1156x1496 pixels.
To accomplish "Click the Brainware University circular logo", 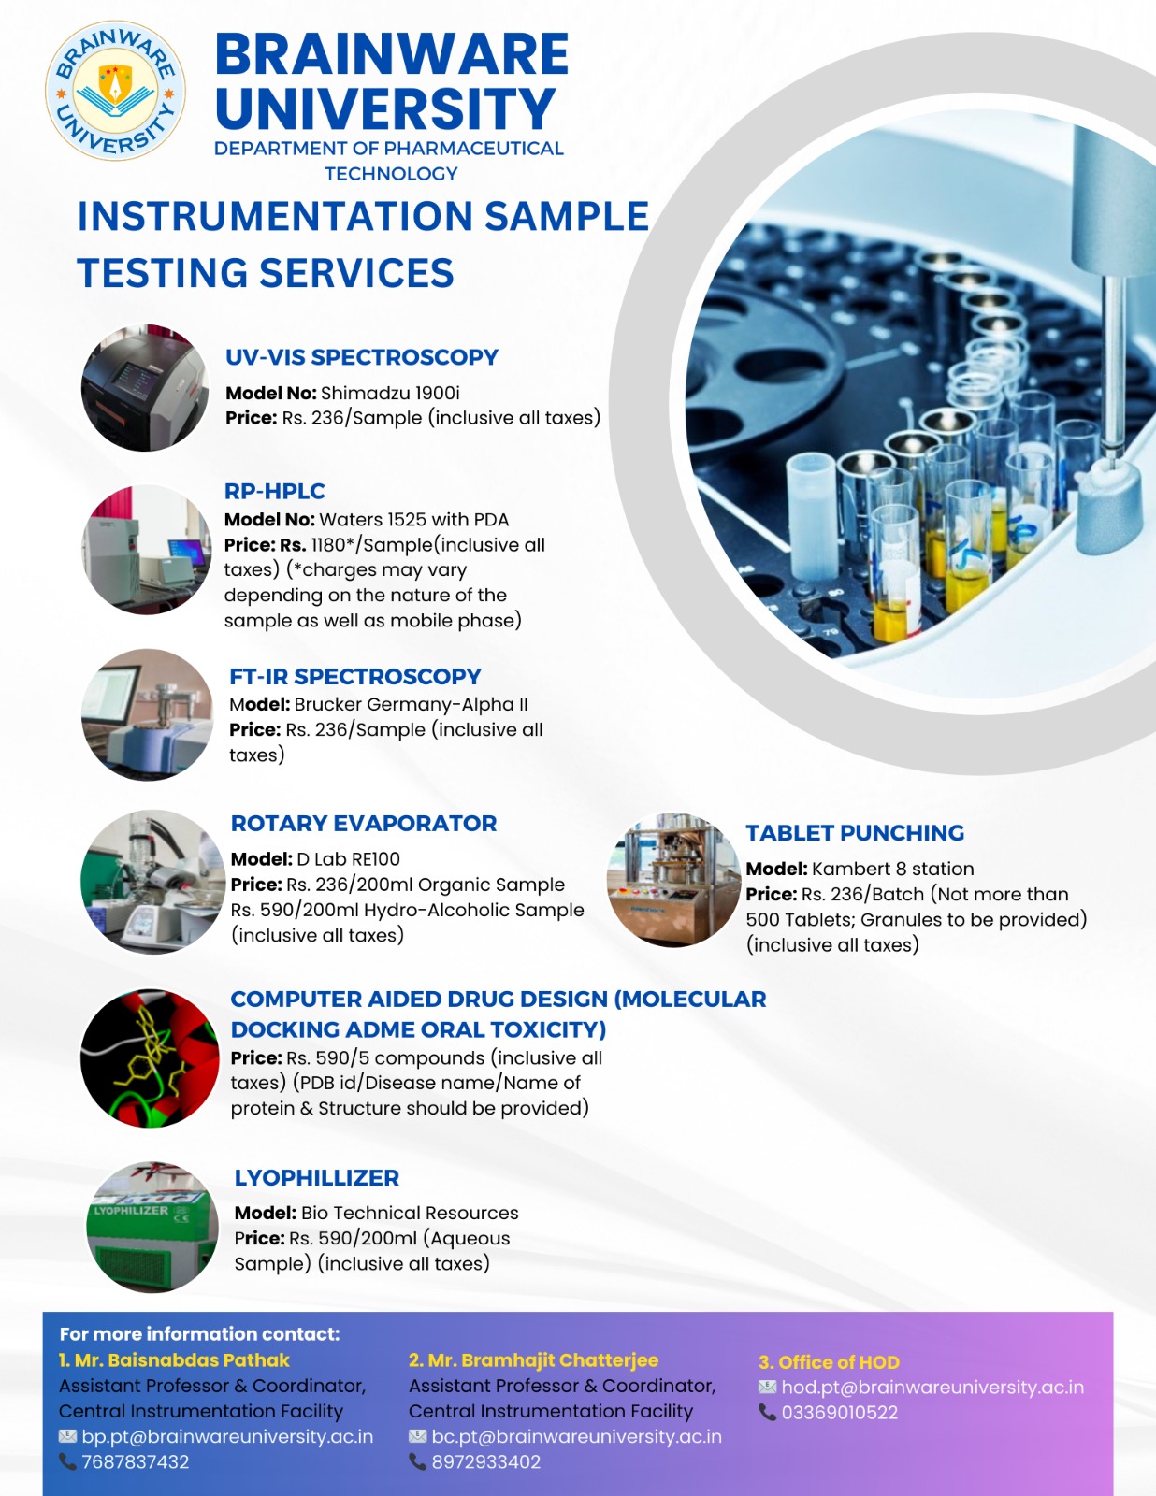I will point(115,92).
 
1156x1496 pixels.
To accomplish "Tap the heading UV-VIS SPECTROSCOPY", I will point(361,357).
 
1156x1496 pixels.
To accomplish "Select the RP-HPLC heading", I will point(274,491).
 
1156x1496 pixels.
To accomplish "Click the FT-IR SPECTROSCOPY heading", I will point(354,676).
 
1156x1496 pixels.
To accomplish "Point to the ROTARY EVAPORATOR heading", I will point(363,823).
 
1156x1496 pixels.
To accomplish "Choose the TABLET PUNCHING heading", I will point(854,833).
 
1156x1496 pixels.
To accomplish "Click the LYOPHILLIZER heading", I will point(316,1177).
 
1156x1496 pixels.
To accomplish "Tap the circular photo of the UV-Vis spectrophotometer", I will point(145,388).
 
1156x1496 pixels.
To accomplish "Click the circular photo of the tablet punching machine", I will point(672,880).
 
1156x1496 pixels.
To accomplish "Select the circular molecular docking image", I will point(150,1058).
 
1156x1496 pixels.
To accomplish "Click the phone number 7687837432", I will point(135,1462).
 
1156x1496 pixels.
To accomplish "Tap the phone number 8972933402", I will point(485,1462).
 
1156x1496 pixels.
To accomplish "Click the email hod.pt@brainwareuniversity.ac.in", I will point(932,1388).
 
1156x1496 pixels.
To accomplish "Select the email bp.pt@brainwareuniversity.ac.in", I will point(226,1437).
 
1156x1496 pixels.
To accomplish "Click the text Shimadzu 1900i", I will point(390,393).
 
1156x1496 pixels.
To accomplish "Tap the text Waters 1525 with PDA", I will point(413,520).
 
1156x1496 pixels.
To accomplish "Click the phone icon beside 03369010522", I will point(767,1412).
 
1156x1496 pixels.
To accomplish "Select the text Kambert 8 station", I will point(892,869).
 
